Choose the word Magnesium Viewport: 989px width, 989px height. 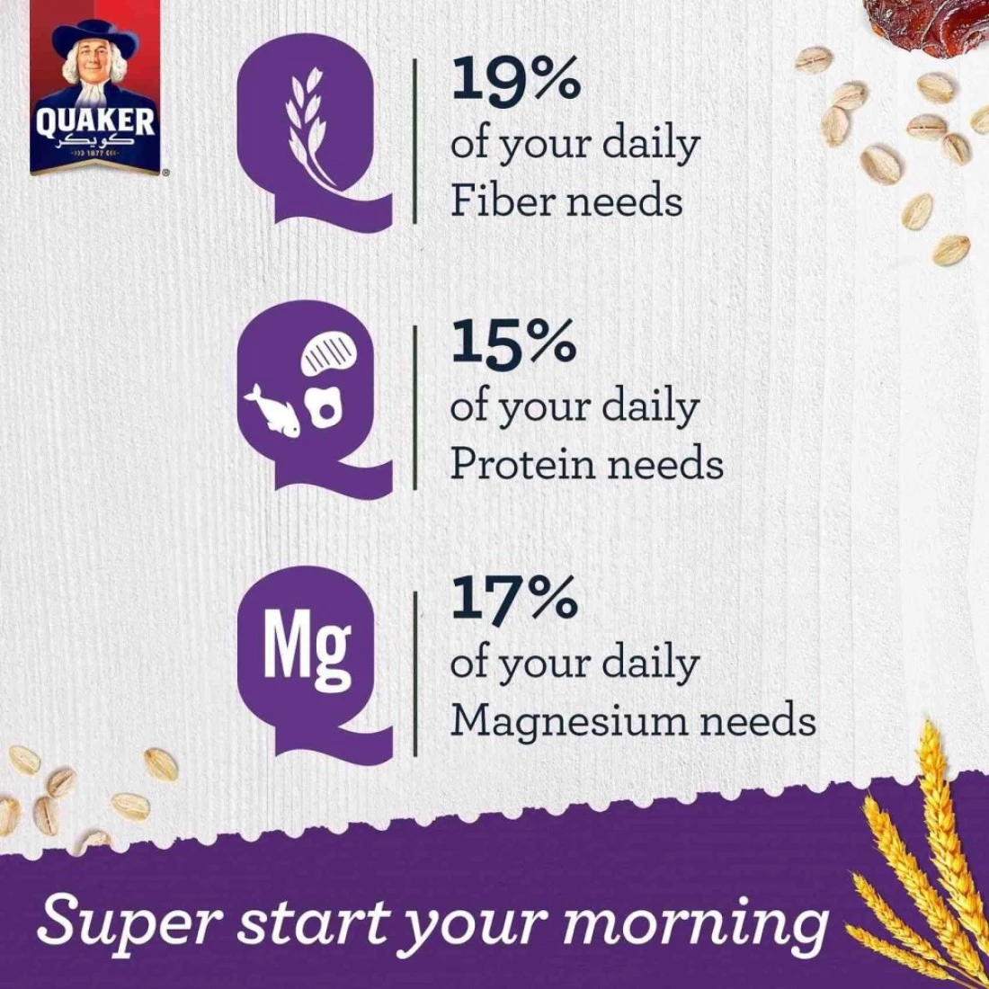click(x=569, y=720)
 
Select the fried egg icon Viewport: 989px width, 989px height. click(x=325, y=407)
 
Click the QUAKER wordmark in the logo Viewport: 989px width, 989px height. click(x=94, y=121)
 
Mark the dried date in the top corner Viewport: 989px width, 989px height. click(x=927, y=25)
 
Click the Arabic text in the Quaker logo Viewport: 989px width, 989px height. click(x=94, y=143)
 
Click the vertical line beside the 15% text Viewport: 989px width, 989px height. click(x=415, y=406)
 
